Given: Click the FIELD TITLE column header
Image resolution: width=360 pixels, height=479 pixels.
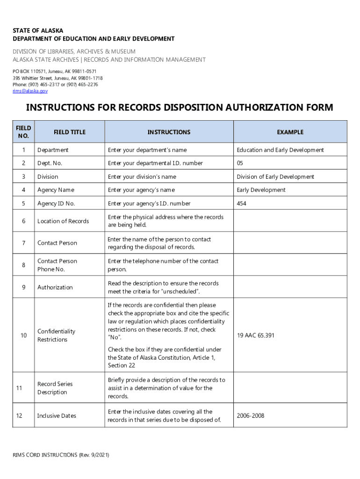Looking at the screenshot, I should tap(70, 132).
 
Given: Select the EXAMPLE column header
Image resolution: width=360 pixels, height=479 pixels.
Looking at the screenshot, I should tap(290, 132).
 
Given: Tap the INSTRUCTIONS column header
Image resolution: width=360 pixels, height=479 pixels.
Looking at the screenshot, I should tap(169, 132).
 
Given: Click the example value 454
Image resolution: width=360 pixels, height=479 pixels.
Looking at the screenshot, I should tap(242, 203).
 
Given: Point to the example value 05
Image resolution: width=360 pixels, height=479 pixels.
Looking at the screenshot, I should tap(240, 163).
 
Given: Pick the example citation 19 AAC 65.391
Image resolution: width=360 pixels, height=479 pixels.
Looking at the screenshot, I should tap(255, 335).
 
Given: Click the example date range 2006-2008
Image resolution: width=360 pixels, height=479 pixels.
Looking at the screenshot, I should tap(251, 415).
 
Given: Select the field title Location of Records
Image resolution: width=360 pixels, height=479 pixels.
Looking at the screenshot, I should tap(63, 221).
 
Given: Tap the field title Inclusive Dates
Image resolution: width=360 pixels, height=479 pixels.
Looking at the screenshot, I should tap(57, 415).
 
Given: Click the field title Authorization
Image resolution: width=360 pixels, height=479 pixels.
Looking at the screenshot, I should tap(55, 287).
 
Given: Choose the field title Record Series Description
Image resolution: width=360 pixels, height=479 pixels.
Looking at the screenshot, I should tap(55, 388).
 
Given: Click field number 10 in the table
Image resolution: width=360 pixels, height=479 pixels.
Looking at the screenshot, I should tap(23, 335).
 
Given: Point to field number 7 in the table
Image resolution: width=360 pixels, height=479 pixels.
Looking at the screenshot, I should tap(23, 243).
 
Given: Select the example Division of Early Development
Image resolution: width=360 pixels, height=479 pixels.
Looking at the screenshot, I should tap(275, 177).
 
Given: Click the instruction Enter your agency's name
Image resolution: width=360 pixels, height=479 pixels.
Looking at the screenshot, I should tap(141, 190).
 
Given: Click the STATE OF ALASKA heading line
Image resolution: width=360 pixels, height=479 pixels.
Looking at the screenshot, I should tap(38, 31).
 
